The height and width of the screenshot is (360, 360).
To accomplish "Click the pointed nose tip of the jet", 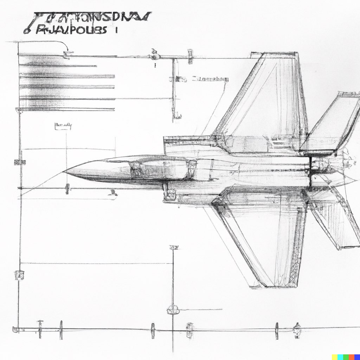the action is [64, 172].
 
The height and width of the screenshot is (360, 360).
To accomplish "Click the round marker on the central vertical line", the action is [173, 309].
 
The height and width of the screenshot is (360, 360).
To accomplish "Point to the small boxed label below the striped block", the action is [63, 126].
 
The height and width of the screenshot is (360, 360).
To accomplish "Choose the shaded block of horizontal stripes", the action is [67, 83].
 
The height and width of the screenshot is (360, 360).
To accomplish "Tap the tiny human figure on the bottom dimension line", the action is [297, 330].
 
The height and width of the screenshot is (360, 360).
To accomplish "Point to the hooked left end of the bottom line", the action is [15, 329].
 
